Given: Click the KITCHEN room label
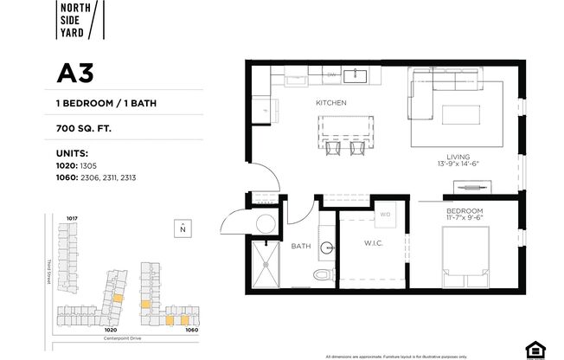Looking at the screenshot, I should click(330, 103).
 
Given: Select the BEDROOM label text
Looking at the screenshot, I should click(465, 210).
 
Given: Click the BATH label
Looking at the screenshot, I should click(301, 246).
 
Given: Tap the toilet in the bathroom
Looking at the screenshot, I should click(322, 274).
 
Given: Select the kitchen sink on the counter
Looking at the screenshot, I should click(356, 76).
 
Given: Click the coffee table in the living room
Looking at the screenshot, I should click(462, 116).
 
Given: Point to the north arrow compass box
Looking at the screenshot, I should click(183, 228).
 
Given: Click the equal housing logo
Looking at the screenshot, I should click(535, 349).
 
